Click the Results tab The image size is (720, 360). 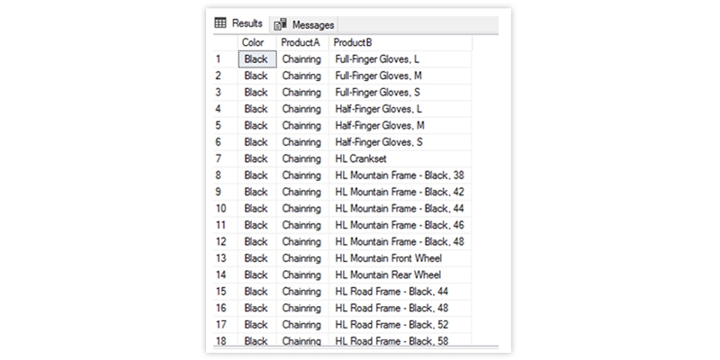point(239,23)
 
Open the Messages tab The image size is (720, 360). point(304,24)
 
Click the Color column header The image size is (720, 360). point(253,42)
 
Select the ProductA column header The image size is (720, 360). point(301,42)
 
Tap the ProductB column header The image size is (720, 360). point(353,42)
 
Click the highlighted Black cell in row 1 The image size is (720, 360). point(257,59)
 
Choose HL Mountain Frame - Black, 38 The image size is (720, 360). point(400,175)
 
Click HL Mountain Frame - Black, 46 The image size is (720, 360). point(400,225)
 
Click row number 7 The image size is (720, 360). point(218,158)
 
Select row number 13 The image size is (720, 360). point(220,258)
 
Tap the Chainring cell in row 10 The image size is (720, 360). point(302,209)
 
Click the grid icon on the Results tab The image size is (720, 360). point(220,23)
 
